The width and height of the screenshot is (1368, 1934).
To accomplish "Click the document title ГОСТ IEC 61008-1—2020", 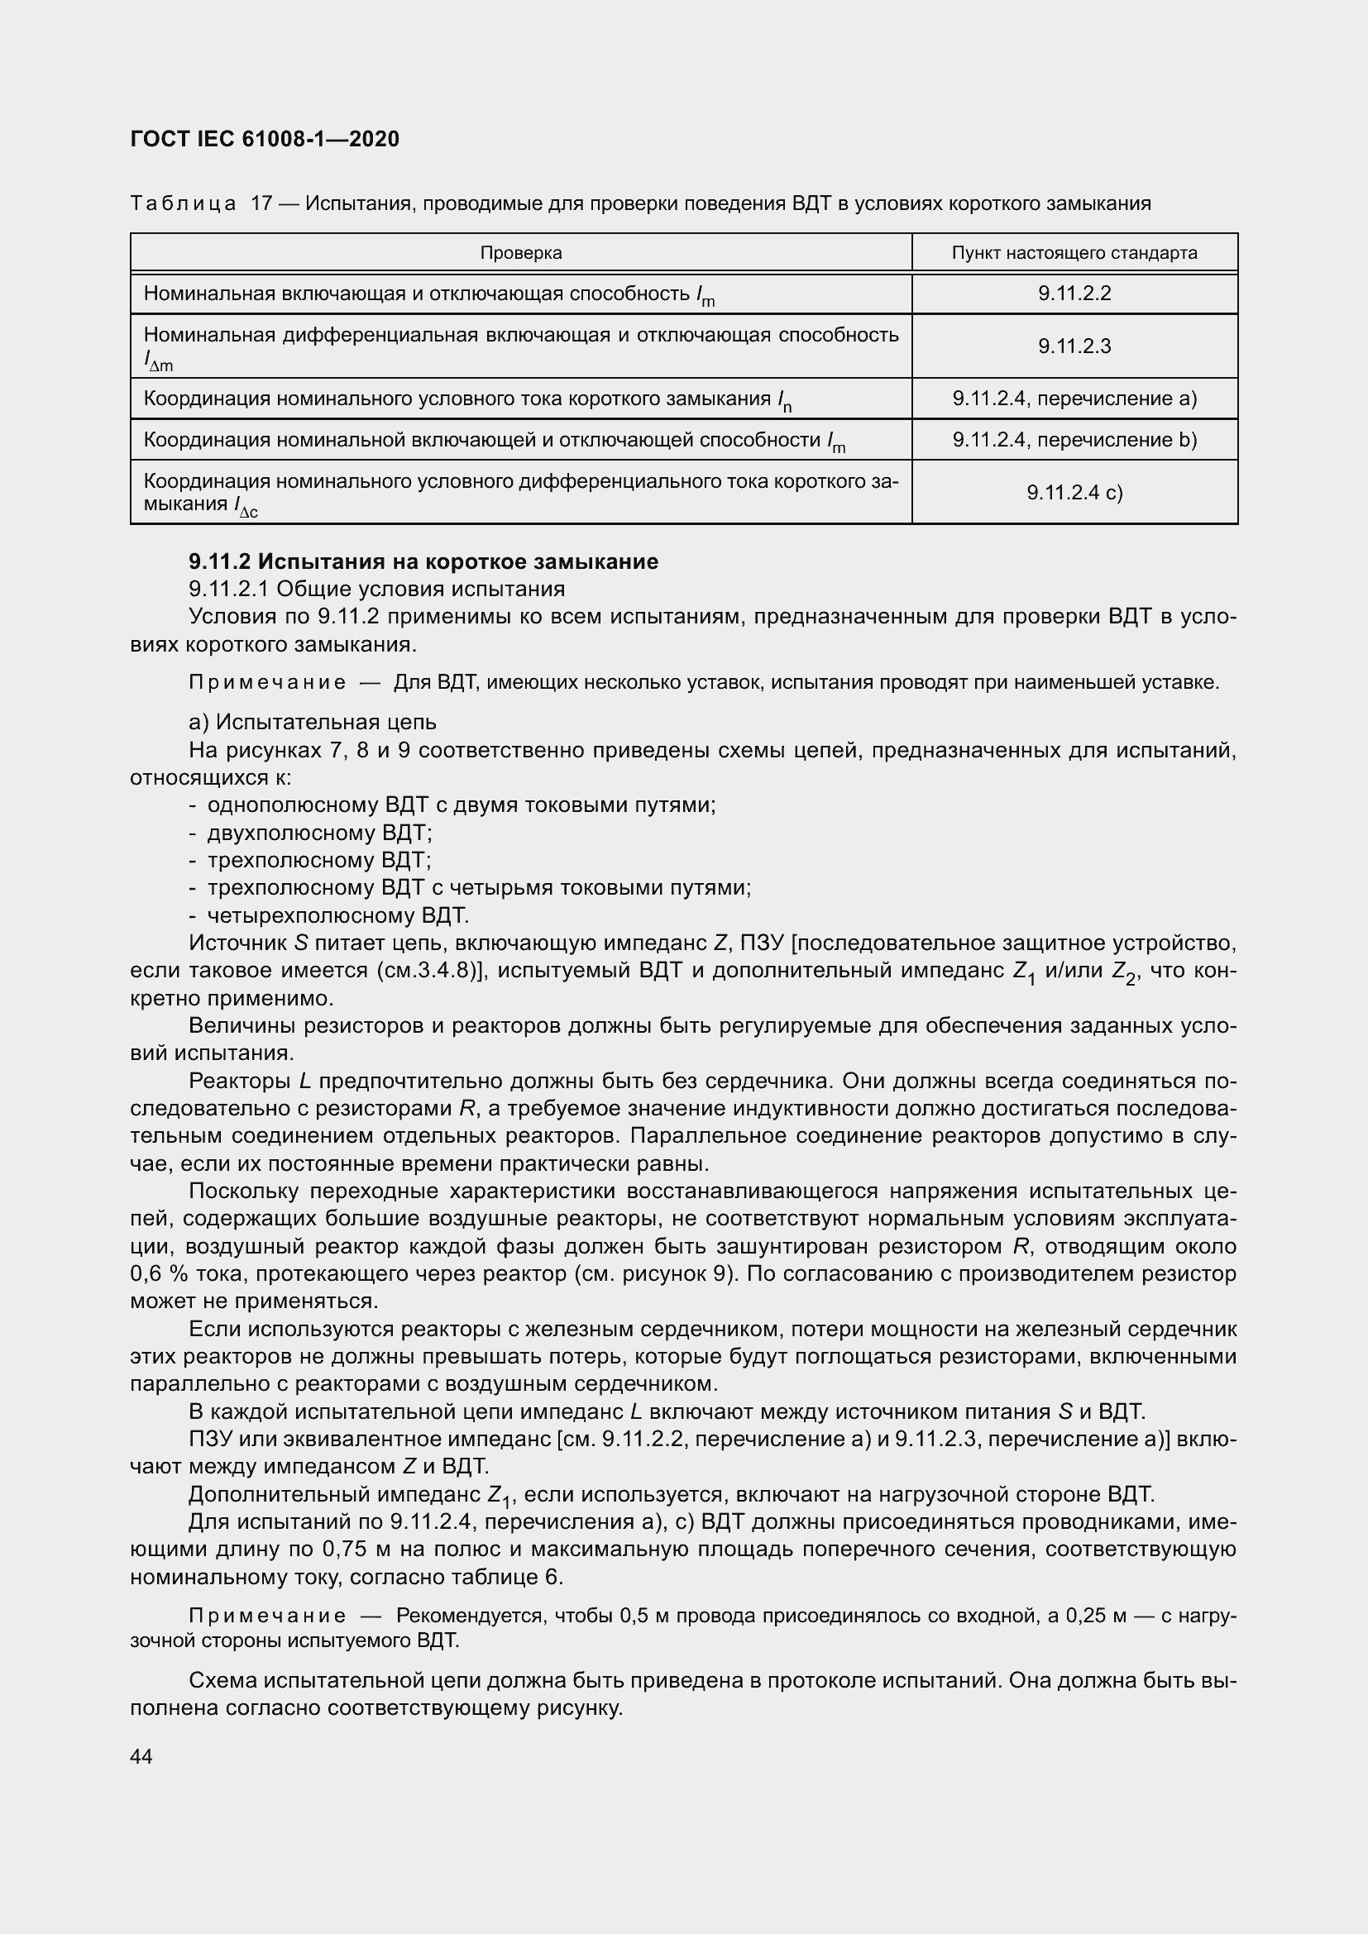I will (x=265, y=139).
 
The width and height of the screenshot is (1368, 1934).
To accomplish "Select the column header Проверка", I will (x=520, y=253).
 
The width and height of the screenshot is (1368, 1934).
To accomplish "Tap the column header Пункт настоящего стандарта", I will (x=1074, y=253).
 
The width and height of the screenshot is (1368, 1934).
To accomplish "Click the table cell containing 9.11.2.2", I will (x=1074, y=294).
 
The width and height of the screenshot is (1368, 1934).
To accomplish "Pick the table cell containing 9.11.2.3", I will (x=1074, y=346).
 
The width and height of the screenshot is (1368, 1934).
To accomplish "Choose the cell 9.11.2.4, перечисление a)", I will (x=1074, y=399).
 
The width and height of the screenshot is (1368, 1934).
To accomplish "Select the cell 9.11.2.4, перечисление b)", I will (x=1074, y=440).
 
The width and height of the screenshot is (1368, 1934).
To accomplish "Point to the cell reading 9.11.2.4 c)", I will (x=1074, y=493).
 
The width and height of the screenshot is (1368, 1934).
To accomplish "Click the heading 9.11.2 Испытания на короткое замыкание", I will (x=423, y=561).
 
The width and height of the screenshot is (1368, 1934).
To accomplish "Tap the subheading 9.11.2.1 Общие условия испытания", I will (x=376, y=589).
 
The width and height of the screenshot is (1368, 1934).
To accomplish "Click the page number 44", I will (x=141, y=1757).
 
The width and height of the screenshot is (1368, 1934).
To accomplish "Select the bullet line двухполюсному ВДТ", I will (x=319, y=833).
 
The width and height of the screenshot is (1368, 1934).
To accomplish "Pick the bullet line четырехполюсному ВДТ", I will (x=337, y=915).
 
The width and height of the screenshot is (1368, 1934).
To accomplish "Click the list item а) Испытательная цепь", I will (x=313, y=722).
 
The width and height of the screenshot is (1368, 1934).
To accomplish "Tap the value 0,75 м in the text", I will (x=361, y=1550).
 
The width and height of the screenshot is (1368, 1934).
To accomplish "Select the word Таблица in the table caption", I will (x=183, y=204).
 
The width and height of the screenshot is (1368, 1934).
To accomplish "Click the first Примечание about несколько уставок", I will (x=267, y=682).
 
